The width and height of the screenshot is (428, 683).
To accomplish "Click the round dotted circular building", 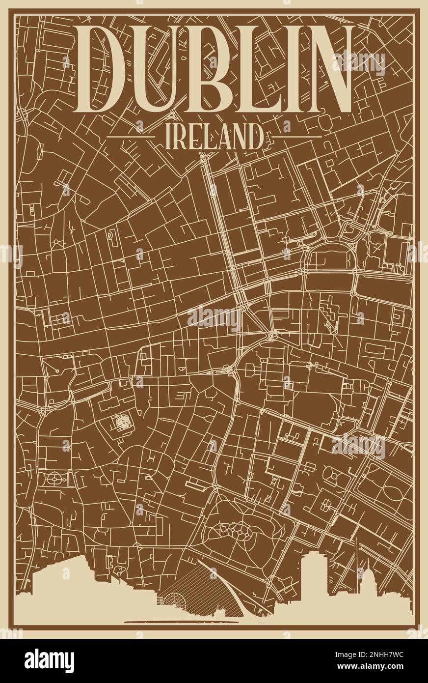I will point(122,421).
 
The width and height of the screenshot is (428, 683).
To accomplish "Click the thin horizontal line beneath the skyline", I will point(182,622).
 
